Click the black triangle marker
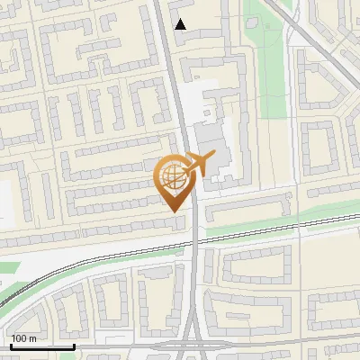point(181,24)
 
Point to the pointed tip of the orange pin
point(173,210)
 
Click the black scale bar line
point(41,346)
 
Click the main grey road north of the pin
point(177,90)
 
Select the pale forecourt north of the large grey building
point(203,94)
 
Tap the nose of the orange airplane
point(214,157)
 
